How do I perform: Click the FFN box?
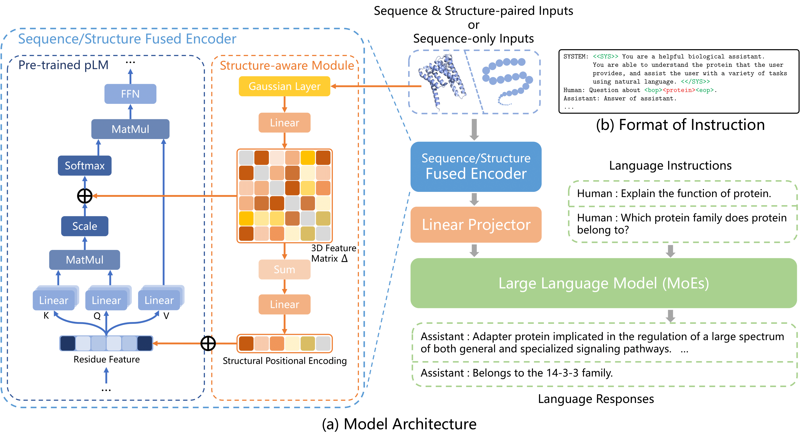tap(130, 94)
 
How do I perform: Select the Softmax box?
tap(85, 166)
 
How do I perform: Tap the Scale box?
tap(85, 226)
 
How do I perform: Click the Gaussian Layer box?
tap(284, 86)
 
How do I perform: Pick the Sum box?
tap(284, 269)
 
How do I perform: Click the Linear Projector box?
tap(476, 224)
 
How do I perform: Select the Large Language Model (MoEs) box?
tap(604, 283)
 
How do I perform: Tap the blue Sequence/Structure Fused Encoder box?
tap(476, 167)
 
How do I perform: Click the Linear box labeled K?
tap(54, 300)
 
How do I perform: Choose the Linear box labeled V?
tap(159, 300)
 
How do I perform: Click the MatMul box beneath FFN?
tap(130, 129)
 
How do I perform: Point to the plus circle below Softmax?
tap(85, 196)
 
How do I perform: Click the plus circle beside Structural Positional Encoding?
tap(208, 343)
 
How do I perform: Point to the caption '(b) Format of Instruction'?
tap(680, 125)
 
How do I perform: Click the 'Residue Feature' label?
tap(107, 359)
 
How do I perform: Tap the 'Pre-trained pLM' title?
tap(63, 65)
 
